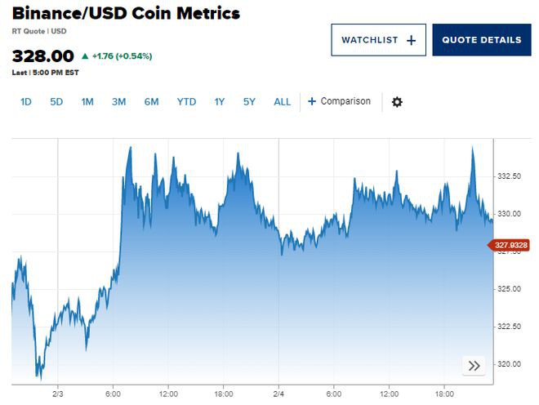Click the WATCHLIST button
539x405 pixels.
click(378, 40)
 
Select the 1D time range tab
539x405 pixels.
click(26, 102)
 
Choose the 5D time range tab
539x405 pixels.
click(56, 102)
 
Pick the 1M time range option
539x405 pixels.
click(87, 102)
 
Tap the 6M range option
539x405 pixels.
click(151, 102)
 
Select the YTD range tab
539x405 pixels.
click(186, 102)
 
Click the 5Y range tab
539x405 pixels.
click(249, 102)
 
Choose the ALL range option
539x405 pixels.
click(282, 102)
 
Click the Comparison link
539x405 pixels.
click(340, 102)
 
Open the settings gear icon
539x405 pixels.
click(397, 102)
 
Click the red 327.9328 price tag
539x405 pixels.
click(510, 245)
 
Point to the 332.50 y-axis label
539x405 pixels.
click(510, 176)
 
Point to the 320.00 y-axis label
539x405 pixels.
click(510, 364)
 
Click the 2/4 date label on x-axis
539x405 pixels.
click(278, 393)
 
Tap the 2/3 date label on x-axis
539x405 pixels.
click(58, 393)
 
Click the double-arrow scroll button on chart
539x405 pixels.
click(474, 365)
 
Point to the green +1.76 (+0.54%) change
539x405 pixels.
click(121, 56)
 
